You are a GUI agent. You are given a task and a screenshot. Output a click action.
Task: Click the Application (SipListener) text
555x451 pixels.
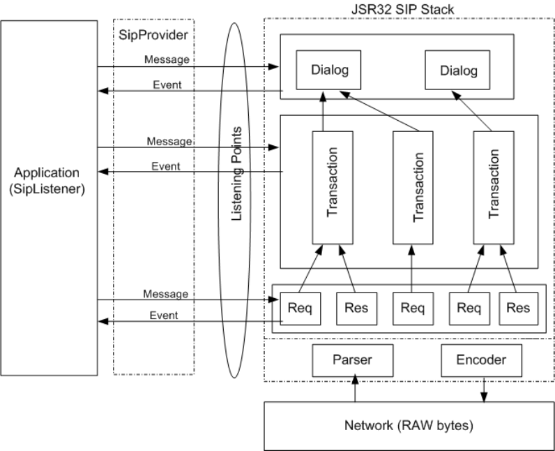click(x=48, y=179)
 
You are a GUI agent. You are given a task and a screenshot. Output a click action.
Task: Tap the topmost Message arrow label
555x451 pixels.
click(x=167, y=59)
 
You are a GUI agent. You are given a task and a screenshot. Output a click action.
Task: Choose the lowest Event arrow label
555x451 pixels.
click(x=164, y=315)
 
